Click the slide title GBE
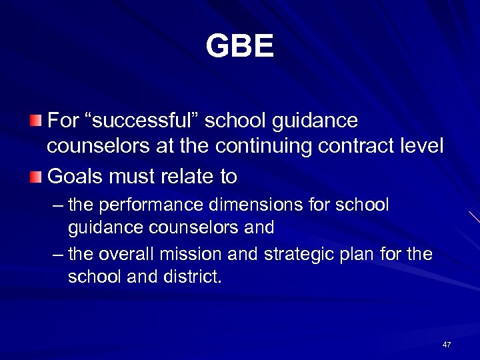[239, 47]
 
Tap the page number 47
[447, 345]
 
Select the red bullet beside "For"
[35, 121]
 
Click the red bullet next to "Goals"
[35, 177]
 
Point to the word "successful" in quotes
[141, 121]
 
